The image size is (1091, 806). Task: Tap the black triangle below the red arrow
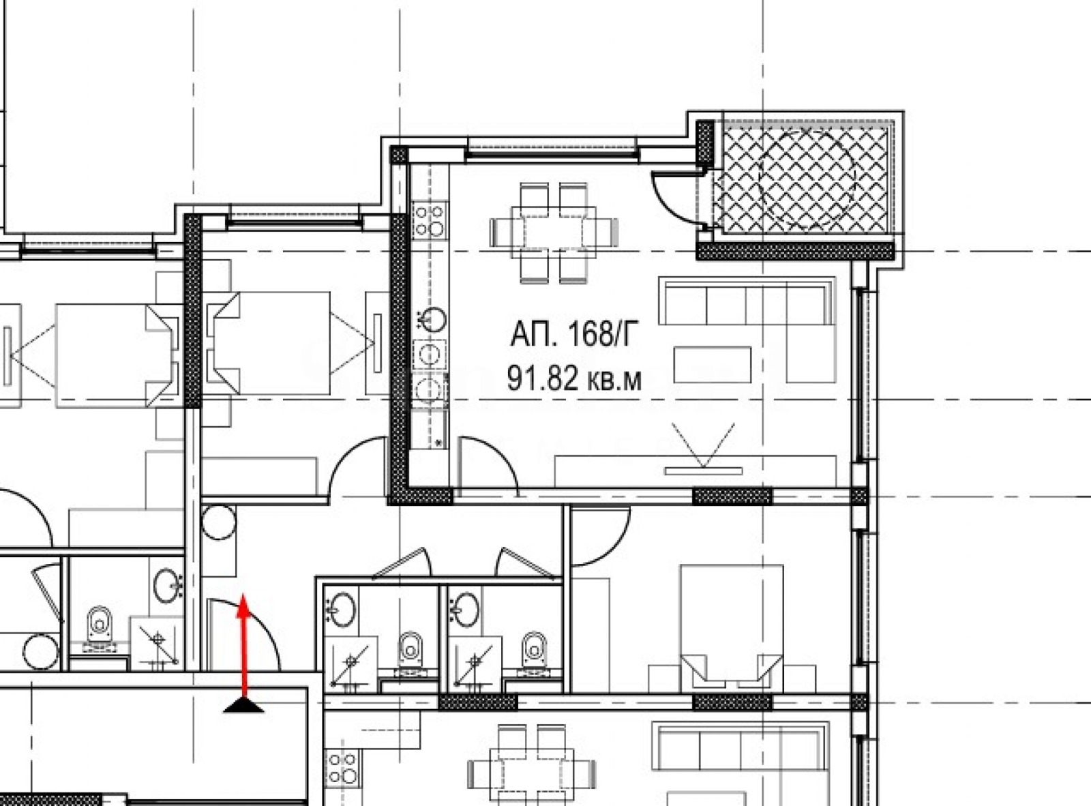243,705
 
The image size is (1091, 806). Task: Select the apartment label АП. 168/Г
575,334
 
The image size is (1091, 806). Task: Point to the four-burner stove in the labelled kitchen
430,220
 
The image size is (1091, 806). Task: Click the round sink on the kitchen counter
432,320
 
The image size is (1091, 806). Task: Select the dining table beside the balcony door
554,233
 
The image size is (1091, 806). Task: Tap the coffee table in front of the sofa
713,365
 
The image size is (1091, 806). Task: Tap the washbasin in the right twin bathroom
465,610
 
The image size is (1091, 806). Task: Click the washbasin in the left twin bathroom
341,610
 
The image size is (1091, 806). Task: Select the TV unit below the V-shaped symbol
695,471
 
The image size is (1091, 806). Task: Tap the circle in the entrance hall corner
218,522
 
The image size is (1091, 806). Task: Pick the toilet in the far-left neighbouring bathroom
100,629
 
